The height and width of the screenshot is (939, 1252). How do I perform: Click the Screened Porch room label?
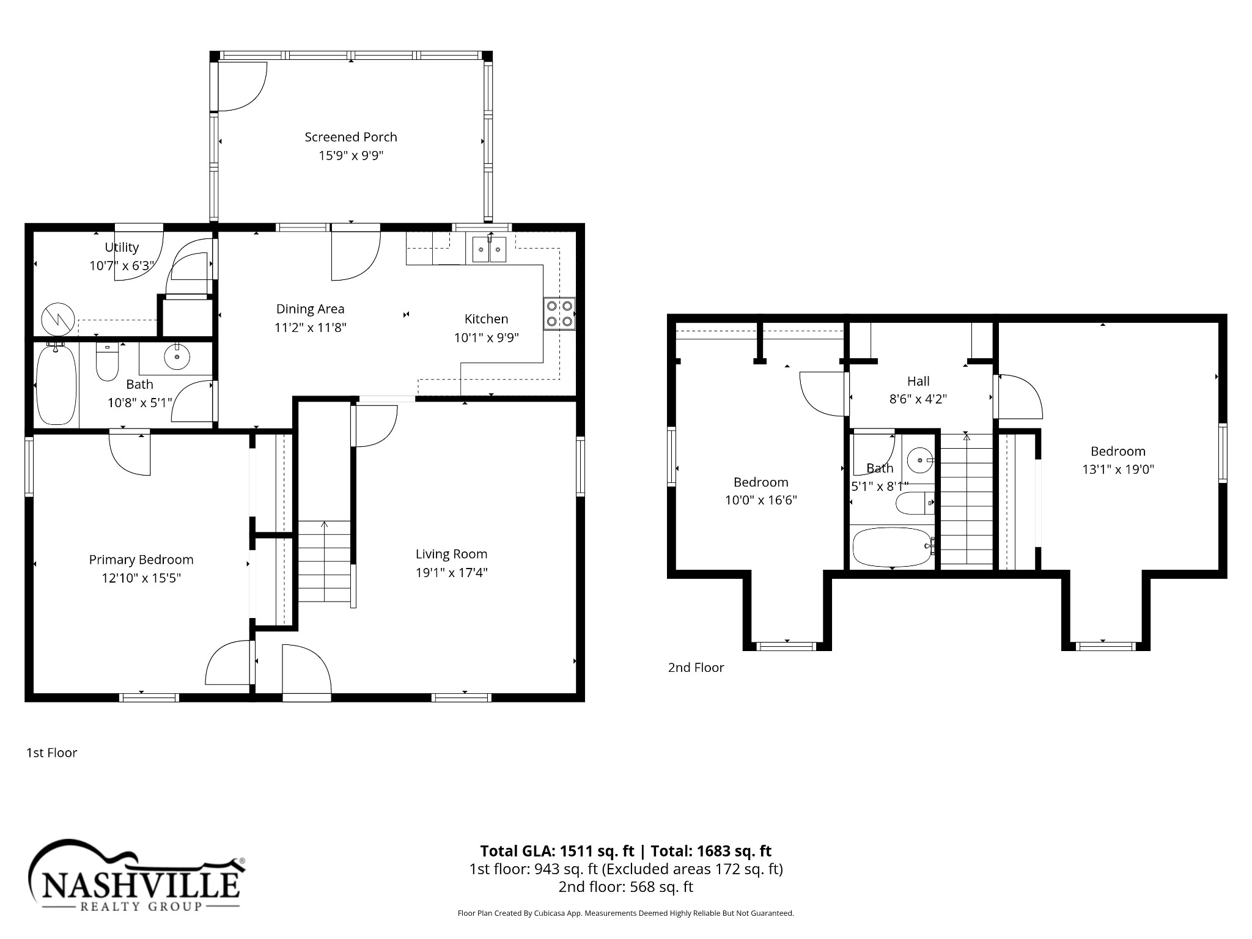point(351,138)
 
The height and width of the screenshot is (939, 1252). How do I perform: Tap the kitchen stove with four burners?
point(559,314)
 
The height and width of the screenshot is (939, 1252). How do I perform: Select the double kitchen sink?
point(489,249)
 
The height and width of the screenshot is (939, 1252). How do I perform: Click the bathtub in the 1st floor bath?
point(56,385)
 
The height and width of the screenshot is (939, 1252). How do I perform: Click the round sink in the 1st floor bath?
point(177,357)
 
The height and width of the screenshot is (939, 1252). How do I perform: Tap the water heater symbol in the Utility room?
point(58,319)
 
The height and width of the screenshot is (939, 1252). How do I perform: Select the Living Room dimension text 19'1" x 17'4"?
point(451,573)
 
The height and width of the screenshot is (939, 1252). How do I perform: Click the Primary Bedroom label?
point(141,560)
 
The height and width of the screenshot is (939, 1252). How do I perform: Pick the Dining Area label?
point(311,309)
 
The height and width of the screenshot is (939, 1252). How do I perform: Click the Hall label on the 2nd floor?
point(918,381)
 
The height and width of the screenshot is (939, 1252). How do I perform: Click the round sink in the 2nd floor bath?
point(919,460)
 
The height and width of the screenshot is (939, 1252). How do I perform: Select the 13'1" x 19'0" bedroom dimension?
point(1118,469)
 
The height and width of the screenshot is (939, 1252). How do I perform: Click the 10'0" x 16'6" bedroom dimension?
point(761,500)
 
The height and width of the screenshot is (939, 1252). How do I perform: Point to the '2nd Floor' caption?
point(696,668)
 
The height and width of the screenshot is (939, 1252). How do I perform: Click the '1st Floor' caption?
point(52,753)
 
